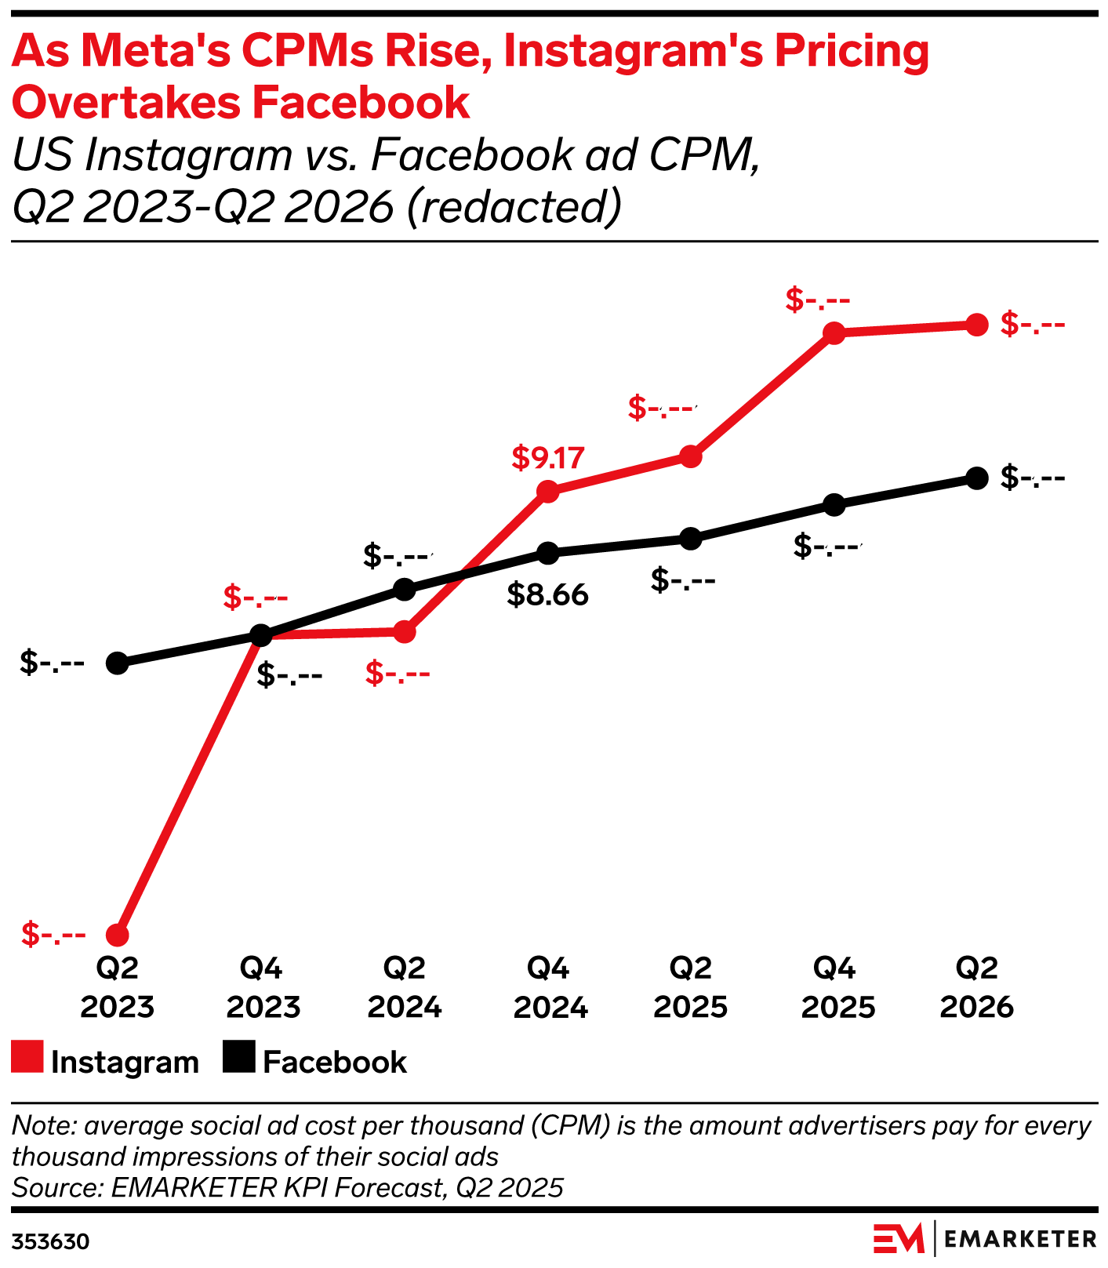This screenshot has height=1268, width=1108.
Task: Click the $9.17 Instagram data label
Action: click(547, 458)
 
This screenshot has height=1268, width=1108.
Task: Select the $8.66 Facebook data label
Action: click(547, 595)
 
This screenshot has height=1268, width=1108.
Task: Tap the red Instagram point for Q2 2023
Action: click(117, 935)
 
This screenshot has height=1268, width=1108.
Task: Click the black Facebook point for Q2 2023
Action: click(117, 663)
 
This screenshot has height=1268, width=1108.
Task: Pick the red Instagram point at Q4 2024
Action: click(547, 492)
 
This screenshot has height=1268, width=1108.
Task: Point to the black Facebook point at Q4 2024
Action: click(547, 554)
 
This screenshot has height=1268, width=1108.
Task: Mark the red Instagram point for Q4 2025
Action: click(834, 333)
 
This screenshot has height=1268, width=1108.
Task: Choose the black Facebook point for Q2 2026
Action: click(976, 478)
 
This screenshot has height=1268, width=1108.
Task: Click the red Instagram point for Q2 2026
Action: click(976, 325)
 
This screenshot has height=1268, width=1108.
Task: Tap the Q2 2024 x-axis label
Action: click(405, 987)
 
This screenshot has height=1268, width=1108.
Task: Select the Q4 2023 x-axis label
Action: click(263, 987)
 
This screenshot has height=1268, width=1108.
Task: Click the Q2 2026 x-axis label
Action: click(976, 987)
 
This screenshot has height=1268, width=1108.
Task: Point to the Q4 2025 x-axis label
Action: click(837, 987)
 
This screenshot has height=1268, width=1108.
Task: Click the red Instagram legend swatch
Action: click(27, 1056)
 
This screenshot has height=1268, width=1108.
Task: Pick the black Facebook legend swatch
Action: click(238, 1056)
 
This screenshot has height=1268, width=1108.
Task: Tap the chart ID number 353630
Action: click(50, 1242)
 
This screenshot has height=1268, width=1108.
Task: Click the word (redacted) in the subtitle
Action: click(514, 206)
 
